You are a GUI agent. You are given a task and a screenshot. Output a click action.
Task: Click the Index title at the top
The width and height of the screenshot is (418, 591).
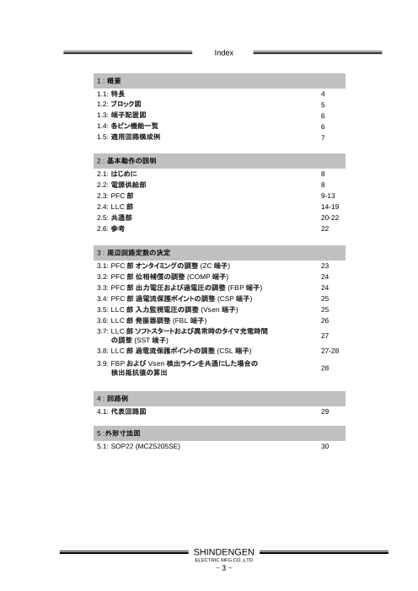(223, 53)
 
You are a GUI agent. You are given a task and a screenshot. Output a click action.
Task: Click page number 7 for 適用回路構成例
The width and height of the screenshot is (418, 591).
(313, 137)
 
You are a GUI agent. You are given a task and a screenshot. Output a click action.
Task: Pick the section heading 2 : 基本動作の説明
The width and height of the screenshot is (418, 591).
(127, 159)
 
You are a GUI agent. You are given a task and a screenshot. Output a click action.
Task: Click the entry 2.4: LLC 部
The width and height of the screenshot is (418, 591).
(115, 206)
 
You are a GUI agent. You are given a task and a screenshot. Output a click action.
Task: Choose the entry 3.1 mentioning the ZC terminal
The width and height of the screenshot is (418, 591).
(165, 266)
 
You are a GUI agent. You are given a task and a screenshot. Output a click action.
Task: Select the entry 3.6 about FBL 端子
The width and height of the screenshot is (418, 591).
(152, 320)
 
